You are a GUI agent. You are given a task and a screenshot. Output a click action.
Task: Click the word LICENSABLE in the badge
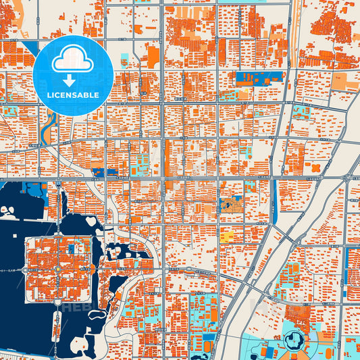pos(72,95)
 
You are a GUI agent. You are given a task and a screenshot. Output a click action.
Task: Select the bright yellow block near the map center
pos(228,236)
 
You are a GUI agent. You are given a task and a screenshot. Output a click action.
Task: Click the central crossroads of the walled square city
pos(58,269)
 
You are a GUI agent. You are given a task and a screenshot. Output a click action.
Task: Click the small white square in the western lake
pos(8,211)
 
